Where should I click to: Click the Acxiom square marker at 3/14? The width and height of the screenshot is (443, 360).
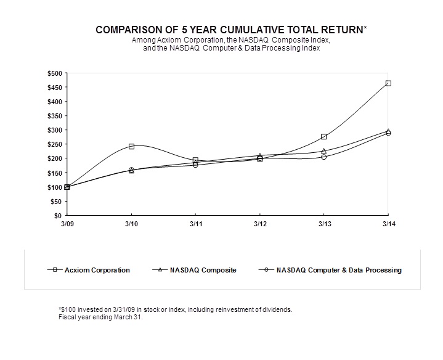click(x=388, y=83)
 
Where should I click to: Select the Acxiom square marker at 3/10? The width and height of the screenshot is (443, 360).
click(x=131, y=147)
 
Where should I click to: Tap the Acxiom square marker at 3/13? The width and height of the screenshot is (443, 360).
click(x=323, y=137)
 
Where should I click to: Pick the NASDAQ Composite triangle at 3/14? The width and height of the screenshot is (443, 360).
click(x=388, y=131)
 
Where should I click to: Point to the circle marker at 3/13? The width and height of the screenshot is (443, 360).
click(x=323, y=157)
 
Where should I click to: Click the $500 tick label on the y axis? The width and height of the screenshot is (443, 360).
click(x=54, y=73)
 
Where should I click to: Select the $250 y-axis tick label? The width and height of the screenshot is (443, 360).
click(x=54, y=144)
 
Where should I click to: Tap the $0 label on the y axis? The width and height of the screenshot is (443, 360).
click(x=57, y=216)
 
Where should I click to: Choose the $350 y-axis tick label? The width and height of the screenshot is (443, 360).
click(x=54, y=116)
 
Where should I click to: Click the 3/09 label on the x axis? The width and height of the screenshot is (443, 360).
click(x=67, y=224)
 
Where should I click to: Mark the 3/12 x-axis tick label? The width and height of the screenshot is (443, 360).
click(x=259, y=224)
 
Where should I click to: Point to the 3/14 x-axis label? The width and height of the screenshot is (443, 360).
click(x=388, y=224)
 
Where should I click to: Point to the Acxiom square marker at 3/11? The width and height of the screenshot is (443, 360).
click(x=195, y=160)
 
